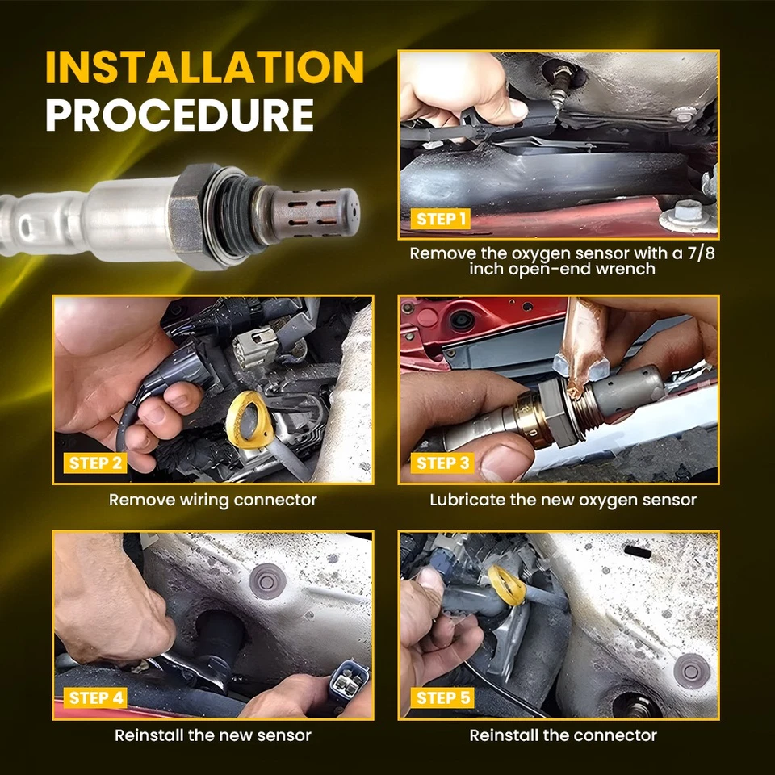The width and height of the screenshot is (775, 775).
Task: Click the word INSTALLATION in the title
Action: [x=204, y=67]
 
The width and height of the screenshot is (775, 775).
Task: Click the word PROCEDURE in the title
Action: [x=180, y=115]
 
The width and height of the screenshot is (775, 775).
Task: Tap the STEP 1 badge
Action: [x=441, y=219]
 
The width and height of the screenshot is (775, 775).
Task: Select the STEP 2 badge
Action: [x=95, y=463]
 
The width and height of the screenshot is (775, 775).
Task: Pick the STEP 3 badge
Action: [x=442, y=463]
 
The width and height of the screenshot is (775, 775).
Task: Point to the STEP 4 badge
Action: [x=95, y=697]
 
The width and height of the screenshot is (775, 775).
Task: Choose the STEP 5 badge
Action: [x=442, y=697]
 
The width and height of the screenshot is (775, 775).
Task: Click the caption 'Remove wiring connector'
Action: [x=212, y=501]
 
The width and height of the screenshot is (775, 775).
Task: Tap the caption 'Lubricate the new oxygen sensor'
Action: [x=563, y=501]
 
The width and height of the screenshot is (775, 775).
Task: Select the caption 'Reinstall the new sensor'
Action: [x=212, y=735]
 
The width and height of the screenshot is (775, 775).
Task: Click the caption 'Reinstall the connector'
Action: [x=563, y=735]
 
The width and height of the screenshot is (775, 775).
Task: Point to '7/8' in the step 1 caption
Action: [x=701, y=253]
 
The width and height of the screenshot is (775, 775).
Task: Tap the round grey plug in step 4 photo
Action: [x=267, y=581]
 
